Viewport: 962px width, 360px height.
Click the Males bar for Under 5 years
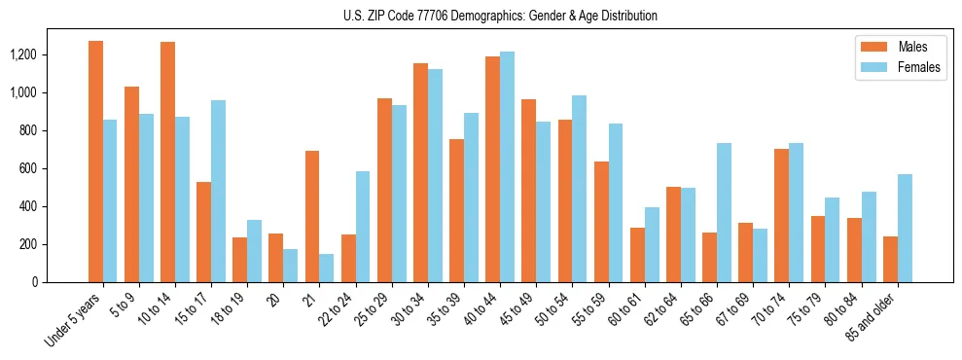[95, 162]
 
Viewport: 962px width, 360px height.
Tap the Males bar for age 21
[312, 217]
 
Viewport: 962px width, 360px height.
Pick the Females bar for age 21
[327, 269]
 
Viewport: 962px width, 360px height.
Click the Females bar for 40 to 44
[507, 167]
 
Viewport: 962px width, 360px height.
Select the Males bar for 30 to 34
[420, 173]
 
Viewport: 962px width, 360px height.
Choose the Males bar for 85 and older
[890, 260]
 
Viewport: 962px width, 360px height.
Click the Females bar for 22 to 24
[363, 227]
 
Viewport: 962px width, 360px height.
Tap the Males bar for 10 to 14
[168, 162]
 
